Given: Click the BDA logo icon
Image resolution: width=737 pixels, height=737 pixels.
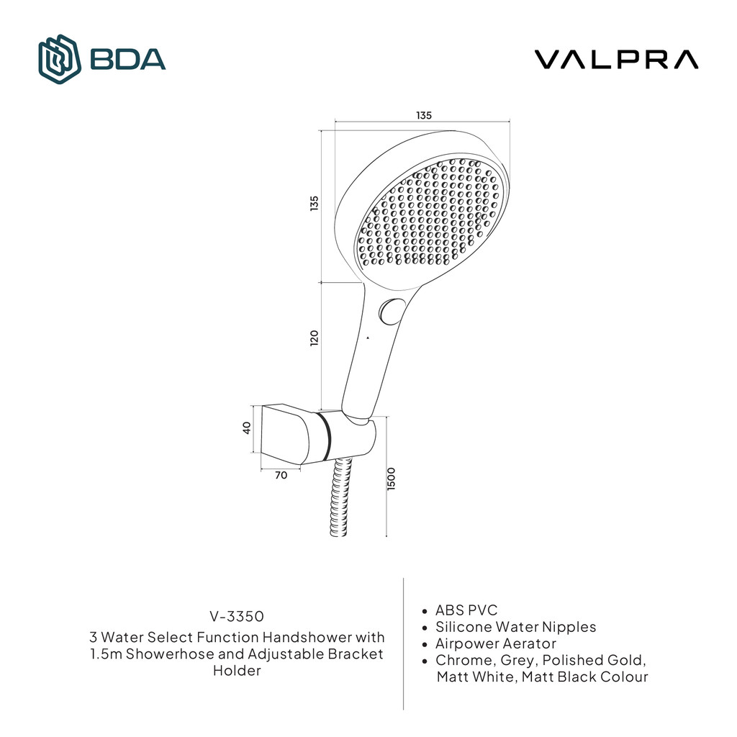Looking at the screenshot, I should tap(59, 58).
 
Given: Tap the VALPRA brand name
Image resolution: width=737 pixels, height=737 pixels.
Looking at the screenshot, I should tap(615, 59).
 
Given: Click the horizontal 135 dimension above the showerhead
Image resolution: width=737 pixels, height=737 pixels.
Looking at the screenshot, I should tap(424, 115).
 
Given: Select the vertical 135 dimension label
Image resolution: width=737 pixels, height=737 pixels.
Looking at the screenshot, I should tap(314, 204).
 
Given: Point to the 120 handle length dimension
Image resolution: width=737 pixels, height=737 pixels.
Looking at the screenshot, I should tap(314, 338).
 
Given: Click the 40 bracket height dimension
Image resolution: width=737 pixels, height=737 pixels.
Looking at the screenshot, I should tap(247, 428).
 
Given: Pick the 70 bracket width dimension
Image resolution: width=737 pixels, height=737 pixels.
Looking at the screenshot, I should tap(281, 474).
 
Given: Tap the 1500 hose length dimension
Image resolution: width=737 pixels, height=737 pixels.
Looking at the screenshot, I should tap(392, 479).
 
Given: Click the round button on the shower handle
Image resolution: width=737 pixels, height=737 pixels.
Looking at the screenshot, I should tap(391, 312).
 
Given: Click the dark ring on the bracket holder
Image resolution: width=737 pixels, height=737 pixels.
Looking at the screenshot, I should tap(327, 435).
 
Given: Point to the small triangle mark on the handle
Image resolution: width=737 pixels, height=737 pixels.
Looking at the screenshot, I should tap(367, 337).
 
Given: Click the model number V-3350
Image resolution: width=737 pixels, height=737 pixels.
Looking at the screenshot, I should tap(237, 616).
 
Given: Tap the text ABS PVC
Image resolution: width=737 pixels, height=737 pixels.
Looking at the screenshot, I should tap(466, 610).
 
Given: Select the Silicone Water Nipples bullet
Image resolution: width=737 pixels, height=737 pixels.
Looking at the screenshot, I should tap(515, 627).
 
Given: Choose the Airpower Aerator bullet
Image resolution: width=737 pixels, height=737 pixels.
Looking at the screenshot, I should tap(495, 643).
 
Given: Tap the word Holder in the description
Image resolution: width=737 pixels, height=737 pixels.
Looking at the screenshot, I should tap(237, 671).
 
